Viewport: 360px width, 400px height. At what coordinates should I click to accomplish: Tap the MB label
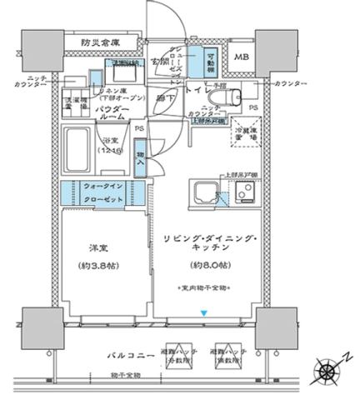coord(241,57)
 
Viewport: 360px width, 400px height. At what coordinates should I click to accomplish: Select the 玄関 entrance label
coord(160,60)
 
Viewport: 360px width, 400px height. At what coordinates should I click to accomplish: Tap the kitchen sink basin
coord(203,194)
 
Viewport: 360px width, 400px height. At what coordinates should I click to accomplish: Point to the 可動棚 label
coord(211,56)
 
